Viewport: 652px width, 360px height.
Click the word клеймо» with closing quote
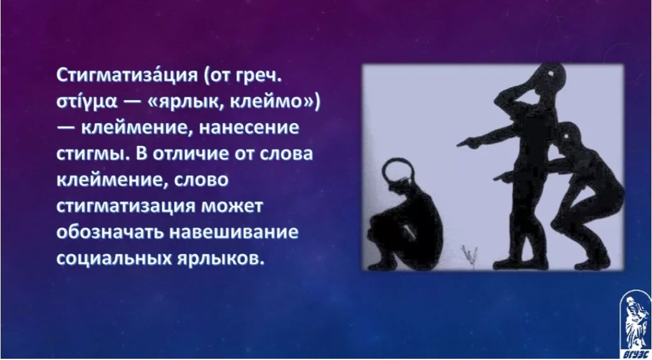click(275, 103)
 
